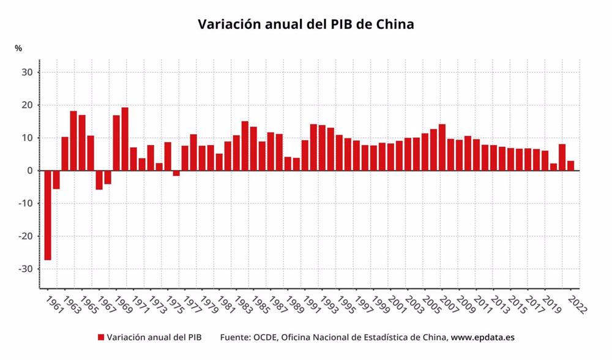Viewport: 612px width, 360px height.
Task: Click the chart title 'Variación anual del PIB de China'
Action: pos(306,24)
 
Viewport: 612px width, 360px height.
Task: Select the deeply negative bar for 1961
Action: pos(48,214)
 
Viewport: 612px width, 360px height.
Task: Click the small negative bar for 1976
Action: pos(176,173)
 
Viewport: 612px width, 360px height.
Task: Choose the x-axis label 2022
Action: pos(577,304)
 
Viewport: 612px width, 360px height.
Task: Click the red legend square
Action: pos(100,337)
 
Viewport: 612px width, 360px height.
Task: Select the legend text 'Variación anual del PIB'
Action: pos(154,337)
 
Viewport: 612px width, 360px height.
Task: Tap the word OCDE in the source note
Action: pos(264,337)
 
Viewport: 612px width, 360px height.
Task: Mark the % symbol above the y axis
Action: pos(18,48)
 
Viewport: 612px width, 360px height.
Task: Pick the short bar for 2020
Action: pos(553,167)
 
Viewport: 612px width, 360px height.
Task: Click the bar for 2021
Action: pos(562,157)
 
